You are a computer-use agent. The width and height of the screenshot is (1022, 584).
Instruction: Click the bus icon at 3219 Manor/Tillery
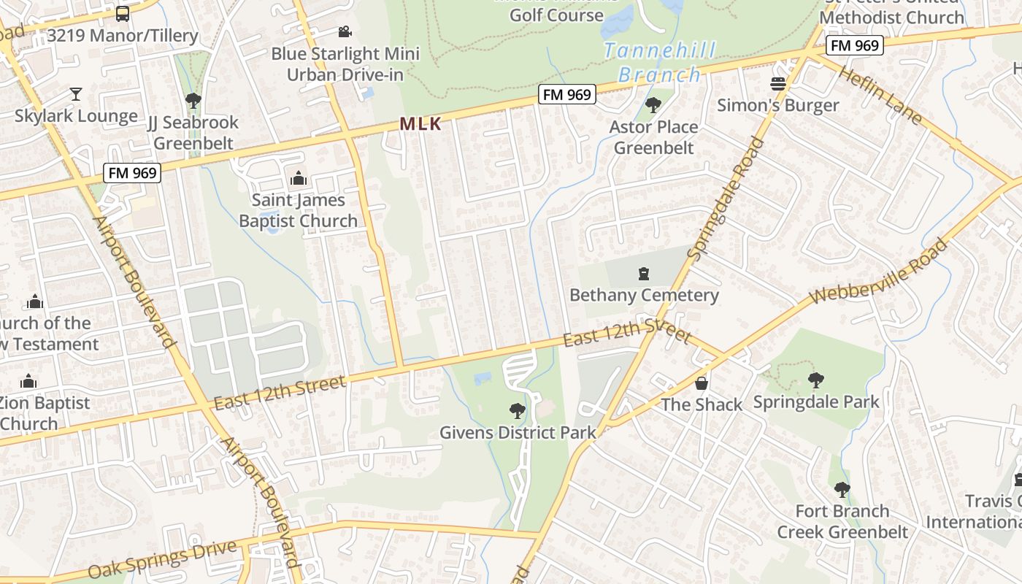pos(123,13)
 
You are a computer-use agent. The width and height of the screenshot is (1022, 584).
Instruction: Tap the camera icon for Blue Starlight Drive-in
pos(345,32)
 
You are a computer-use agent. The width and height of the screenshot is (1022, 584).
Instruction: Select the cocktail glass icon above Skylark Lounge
pos(75,93)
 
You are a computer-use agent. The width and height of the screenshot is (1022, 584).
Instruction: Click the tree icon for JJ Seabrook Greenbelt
pos(193,101)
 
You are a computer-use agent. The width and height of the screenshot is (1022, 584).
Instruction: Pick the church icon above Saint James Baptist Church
pos(298,178)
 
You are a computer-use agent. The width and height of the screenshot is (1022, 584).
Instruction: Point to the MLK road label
pos(420,124)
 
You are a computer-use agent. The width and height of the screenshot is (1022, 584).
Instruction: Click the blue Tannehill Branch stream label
pos(659,63)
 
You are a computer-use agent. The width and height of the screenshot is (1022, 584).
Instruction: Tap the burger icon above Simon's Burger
pos(778,84)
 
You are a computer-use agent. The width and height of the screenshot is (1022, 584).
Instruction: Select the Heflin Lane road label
pos(880,95)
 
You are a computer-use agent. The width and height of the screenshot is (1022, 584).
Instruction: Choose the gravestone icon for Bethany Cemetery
pos(644,274)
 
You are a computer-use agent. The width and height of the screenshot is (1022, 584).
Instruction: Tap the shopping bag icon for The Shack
pos(701,383)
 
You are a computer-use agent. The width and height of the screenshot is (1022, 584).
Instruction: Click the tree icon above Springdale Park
pos(815,380)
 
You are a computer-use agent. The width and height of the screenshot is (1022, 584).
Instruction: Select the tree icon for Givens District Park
pos(517,411)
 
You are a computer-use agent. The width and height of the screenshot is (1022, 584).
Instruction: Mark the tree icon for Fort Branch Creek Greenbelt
pos(842,489)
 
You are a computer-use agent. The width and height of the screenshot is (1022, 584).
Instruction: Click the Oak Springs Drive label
pos(162,558)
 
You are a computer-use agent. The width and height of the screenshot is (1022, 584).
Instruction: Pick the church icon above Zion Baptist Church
pos(28,381)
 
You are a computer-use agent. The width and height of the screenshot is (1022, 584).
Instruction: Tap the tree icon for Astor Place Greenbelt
pos(653,105)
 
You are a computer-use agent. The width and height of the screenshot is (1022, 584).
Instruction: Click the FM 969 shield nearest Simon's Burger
pos(855,45)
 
